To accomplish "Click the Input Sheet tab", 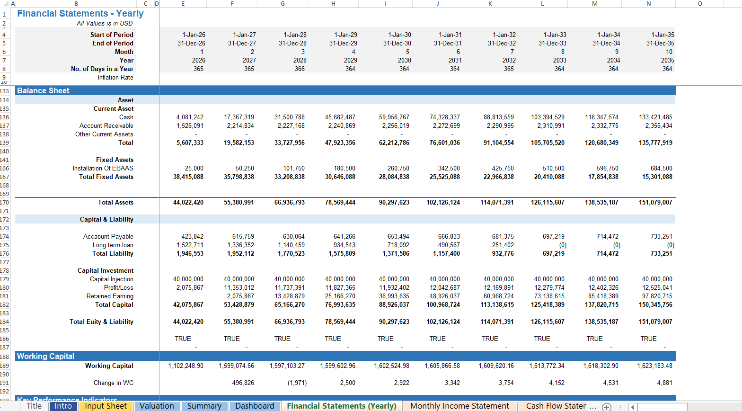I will click(106, 406).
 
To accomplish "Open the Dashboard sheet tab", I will click(255, 406).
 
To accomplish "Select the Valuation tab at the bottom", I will click(157, 406).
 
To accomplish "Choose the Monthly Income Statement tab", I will click(459, 406).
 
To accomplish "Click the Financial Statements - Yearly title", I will click(80, 14).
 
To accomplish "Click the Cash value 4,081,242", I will click(190, 117).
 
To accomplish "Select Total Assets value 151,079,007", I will click(655, 202).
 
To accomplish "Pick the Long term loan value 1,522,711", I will click(190, 245).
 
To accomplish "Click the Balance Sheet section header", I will click(43, 90).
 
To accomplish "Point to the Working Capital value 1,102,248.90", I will click(186, 366).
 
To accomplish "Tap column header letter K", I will click(490, 3).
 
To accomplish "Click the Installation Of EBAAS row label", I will click(103, 168).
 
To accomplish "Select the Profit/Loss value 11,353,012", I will click(240, 287).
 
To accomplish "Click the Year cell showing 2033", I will click(559, 60).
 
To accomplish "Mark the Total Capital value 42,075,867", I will click(188, 304).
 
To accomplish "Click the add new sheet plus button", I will click(606, 407).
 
